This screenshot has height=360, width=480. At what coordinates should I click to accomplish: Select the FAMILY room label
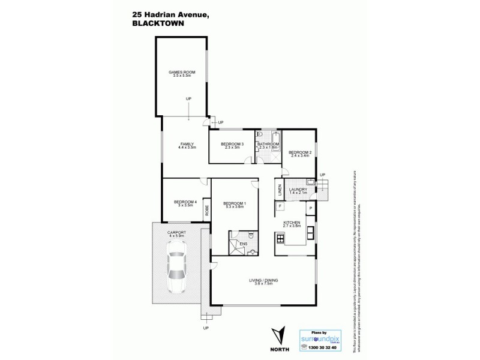tap(187, 145)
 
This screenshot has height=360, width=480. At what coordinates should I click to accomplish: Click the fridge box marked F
tap(280, 207)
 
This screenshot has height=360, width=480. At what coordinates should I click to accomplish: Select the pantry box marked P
tap(310, 208)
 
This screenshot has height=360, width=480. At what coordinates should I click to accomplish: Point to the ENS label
tap(244, 245)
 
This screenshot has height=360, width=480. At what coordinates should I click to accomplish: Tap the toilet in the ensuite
tap(253, 252)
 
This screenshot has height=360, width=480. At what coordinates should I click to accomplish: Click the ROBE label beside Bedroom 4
tap(206, 210)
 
